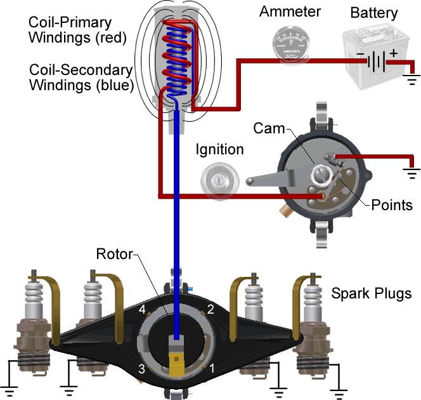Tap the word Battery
tap(374, 13)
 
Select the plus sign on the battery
tap(393, 54)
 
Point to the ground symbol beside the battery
tap(411, 80)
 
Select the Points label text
tap(392, 205)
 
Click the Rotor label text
tap(114, 255)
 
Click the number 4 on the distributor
tap(143, 310)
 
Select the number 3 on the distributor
tap(143, 369)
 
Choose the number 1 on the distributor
tap(212, 368)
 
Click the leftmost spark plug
tap(33, 324)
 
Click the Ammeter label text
tap(290, 11)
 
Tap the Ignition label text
tap(219, 150)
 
